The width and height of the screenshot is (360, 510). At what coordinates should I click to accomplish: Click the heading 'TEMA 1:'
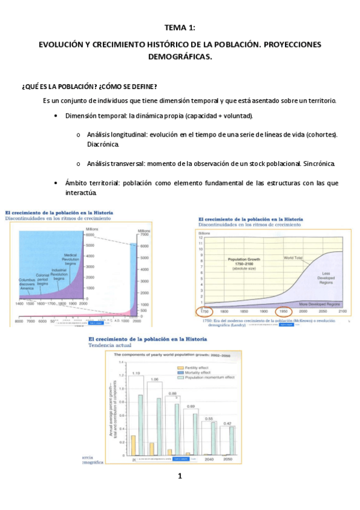tap(180, 28)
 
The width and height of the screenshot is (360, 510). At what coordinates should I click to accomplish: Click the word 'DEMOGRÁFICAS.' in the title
tap(180, 57)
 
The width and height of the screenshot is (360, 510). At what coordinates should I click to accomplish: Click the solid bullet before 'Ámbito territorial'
tap(55, 182)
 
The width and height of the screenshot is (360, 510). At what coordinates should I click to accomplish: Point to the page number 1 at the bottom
tap(180, 477)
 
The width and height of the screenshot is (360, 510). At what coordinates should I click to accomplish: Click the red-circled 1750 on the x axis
tap(204, 312)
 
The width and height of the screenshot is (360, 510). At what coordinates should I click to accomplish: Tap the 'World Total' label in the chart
tap(294, 257)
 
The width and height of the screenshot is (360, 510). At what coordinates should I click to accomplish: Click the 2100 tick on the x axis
tap(343, 312)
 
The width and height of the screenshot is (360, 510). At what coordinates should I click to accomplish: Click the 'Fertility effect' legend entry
tap(199, 367)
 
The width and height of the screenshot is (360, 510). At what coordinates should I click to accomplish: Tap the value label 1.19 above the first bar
tap(136, 373)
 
